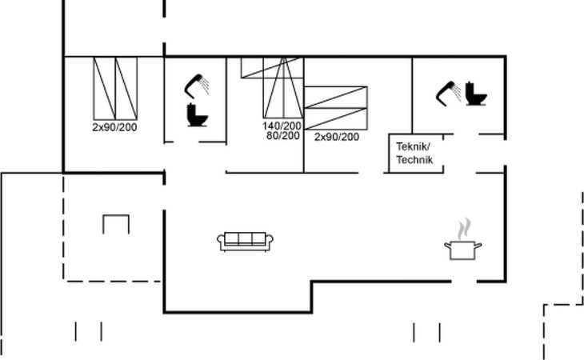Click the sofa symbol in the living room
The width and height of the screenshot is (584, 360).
(245, 242)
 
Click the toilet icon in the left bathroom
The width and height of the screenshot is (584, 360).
(197, 115)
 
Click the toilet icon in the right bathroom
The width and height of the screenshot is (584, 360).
(476, 94)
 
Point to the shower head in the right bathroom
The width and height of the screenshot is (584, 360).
(449, 94)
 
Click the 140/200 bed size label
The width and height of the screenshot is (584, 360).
(282, 126)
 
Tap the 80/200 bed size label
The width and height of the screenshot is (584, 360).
(283, 135)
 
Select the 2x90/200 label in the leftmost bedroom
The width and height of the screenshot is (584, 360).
(114, 127)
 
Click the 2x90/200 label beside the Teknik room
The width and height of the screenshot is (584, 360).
(337, 137)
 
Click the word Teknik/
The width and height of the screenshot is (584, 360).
(413, 146)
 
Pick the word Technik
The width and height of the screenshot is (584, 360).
(414, 160)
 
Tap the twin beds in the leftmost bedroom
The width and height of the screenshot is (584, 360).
(115, 88)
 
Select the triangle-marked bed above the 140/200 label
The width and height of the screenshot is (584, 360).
(283, 88)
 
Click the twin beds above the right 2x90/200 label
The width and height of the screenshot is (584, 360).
(335, 108)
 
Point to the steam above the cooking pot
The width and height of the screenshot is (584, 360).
(464, 229)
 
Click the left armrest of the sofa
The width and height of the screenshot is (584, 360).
(221, 242)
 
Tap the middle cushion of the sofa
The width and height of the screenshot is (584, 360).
(245, 238)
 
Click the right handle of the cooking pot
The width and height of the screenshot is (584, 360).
(478, 245)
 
